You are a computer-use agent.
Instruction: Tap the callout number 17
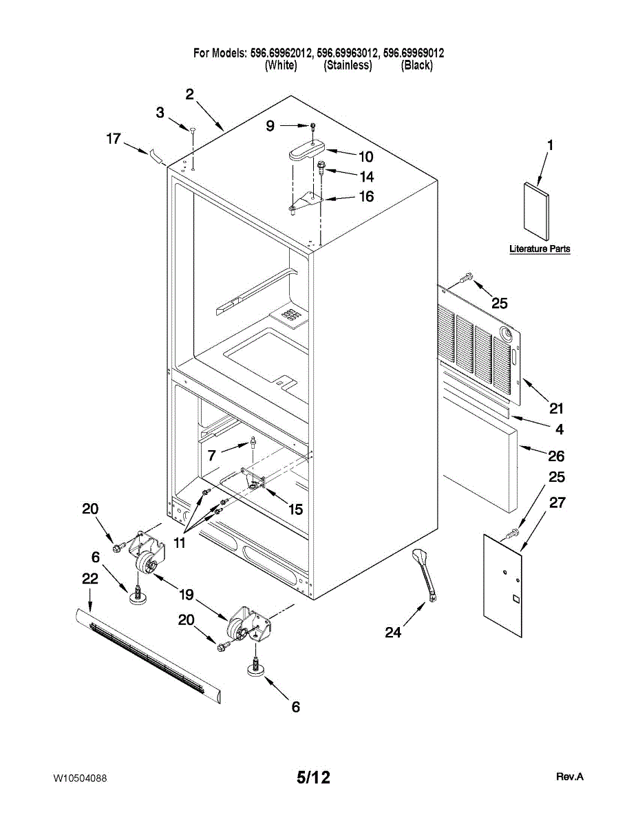point(114,138)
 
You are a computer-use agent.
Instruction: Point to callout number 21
point(556,407)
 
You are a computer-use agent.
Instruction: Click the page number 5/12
point(313,778)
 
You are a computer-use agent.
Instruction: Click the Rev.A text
point(570,776)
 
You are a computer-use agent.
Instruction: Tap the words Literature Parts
point(540,248)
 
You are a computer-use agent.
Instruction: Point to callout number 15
point(295,509)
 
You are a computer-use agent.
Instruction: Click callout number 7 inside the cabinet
point(211,454)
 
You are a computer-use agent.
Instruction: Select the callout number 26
point(556,456)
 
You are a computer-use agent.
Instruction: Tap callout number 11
point(180,542)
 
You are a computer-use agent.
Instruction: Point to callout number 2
point(189,94)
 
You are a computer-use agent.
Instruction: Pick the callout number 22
point(89,580)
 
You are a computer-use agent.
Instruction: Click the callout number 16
point(366,197)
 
